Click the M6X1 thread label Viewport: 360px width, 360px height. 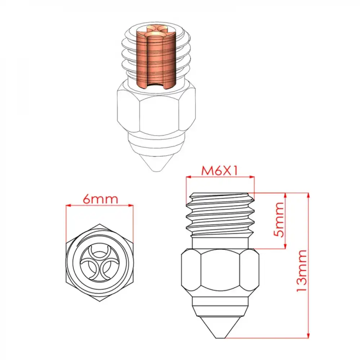pyautogui.click(x=220, y=171)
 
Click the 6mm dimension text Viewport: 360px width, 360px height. pyautogui.click(x=100, y=199)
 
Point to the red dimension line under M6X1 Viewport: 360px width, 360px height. pyautogui.click(x=220, y=177)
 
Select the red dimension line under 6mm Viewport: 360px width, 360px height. pyautogui.click(x=100, y=206)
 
